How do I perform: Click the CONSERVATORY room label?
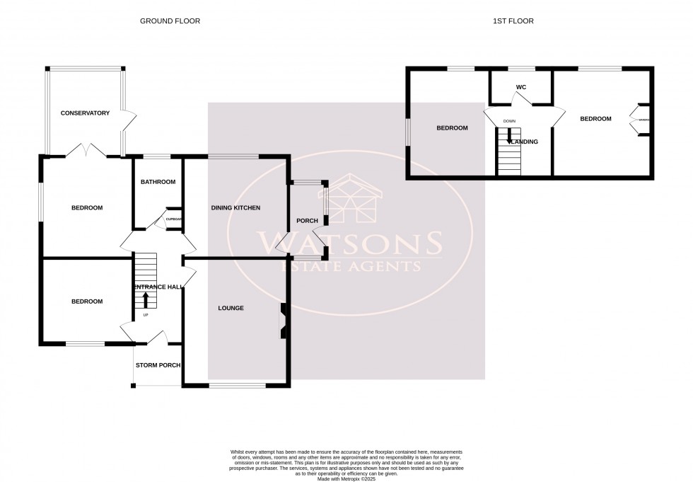tap(85, 113)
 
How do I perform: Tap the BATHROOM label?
tap(158, 182)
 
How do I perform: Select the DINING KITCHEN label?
tap(236, 208)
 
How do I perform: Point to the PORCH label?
tap(307, 221)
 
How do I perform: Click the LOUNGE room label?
tap(231, 308)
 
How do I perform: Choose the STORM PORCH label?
tap(157, 365)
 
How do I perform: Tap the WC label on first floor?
tap(521, 87)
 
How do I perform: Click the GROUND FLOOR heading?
tap(170, 21)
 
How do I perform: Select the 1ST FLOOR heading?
tap(513, 21)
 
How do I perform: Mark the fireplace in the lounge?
tap(283, 320)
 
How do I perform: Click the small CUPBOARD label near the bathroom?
tap(174, 219)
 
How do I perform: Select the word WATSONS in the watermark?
tap(350, 243)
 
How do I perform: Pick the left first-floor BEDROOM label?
tap(452, 128)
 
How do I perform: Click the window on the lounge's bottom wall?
tap(238, 385)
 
